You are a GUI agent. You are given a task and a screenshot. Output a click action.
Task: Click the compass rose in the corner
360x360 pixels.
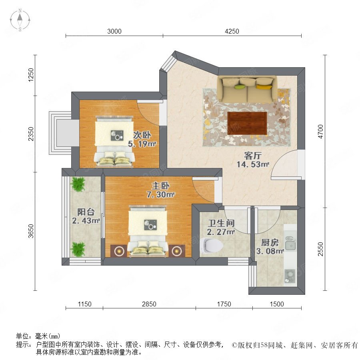20,20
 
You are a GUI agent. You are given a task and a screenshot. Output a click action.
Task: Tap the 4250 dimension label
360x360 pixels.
232,31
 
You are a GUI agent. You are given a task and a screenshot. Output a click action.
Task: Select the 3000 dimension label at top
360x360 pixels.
114,31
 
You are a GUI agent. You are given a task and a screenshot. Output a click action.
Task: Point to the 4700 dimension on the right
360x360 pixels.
320,131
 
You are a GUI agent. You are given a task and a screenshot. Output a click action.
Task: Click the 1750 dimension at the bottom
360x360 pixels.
224,304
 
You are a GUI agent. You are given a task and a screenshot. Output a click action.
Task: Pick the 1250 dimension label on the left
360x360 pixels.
30,75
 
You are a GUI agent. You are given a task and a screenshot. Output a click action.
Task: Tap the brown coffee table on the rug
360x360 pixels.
247,123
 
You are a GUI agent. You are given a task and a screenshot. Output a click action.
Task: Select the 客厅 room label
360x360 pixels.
253,156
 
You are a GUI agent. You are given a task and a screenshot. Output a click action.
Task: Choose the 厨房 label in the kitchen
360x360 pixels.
270,242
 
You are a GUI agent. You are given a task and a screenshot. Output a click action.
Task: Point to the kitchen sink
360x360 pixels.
290,243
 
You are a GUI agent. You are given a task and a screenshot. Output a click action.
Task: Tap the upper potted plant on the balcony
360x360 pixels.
78,184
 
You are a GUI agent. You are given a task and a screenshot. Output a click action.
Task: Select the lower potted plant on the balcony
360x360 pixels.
78,249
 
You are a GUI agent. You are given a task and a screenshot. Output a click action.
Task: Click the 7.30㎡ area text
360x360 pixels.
160,194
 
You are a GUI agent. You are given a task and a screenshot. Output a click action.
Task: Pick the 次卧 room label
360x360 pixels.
142,135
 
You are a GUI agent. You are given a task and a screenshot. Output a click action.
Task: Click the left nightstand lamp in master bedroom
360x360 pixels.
119,251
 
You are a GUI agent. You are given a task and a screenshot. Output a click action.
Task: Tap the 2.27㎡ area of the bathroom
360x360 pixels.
221,232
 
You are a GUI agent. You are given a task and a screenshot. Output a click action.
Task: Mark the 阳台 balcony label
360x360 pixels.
86,212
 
